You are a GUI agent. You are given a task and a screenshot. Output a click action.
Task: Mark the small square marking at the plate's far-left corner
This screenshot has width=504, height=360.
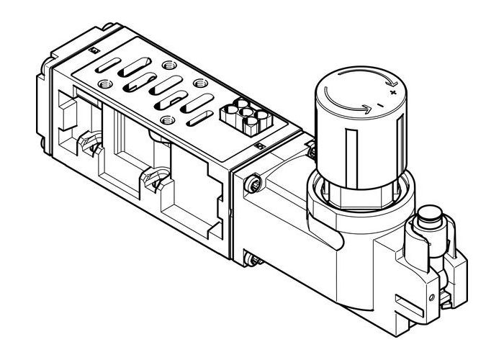tap(93, 50)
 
